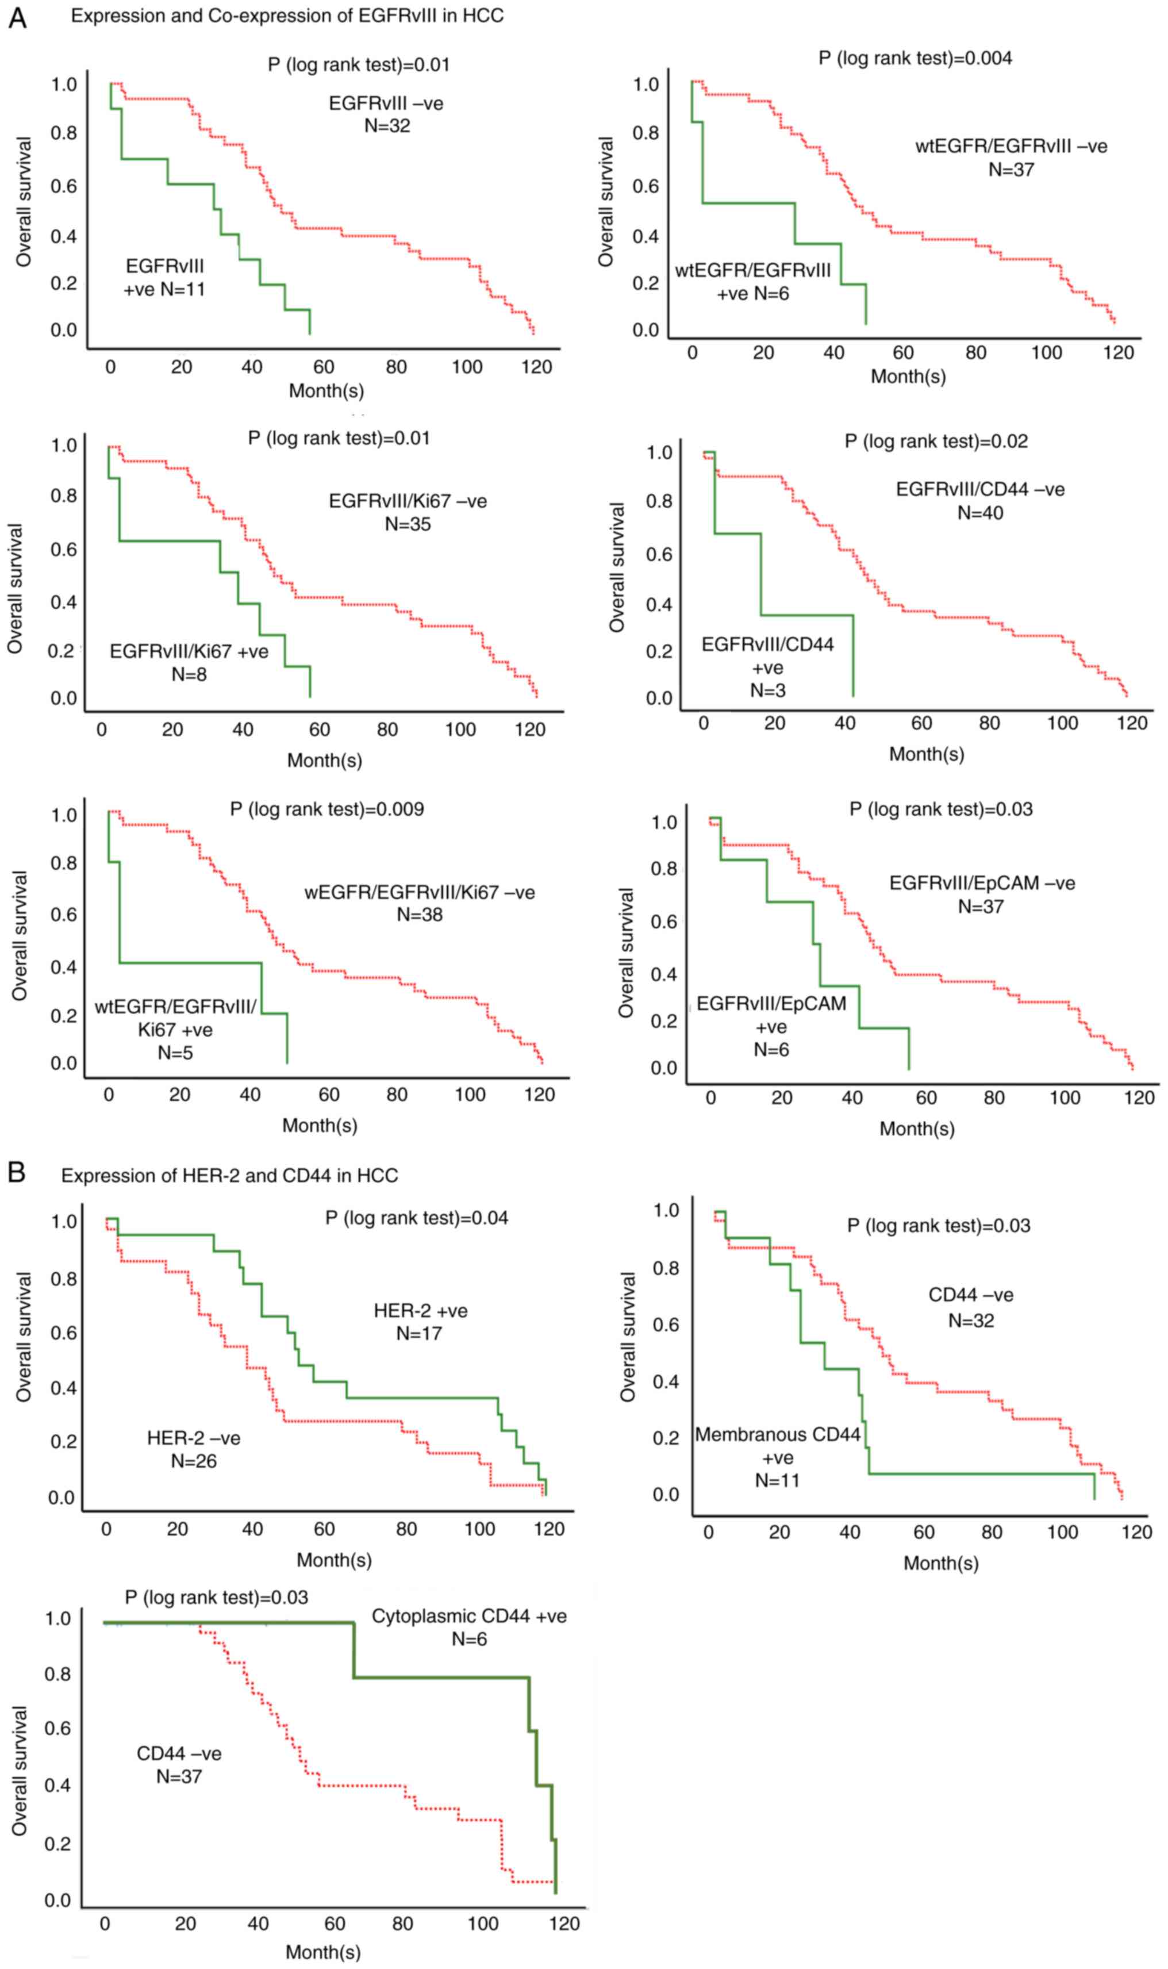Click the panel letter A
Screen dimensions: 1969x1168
(x=17, y=17)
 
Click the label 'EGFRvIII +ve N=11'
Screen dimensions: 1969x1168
(x=164, y=278)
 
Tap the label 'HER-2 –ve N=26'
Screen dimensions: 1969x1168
(x=194, y=1450)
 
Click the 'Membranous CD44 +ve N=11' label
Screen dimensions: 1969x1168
(x=778, y=1457)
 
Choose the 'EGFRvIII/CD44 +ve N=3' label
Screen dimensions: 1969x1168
(x=767, y=666)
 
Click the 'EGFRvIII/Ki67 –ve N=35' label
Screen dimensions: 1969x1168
(x=408, y=512)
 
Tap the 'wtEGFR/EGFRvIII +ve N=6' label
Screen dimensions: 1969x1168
(x=753, y=282)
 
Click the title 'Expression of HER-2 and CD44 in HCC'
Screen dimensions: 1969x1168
(x=230, y=1176)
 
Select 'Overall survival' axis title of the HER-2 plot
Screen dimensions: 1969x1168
(x=24, y=1337)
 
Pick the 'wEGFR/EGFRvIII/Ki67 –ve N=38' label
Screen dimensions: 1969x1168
(x=420, y=904)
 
